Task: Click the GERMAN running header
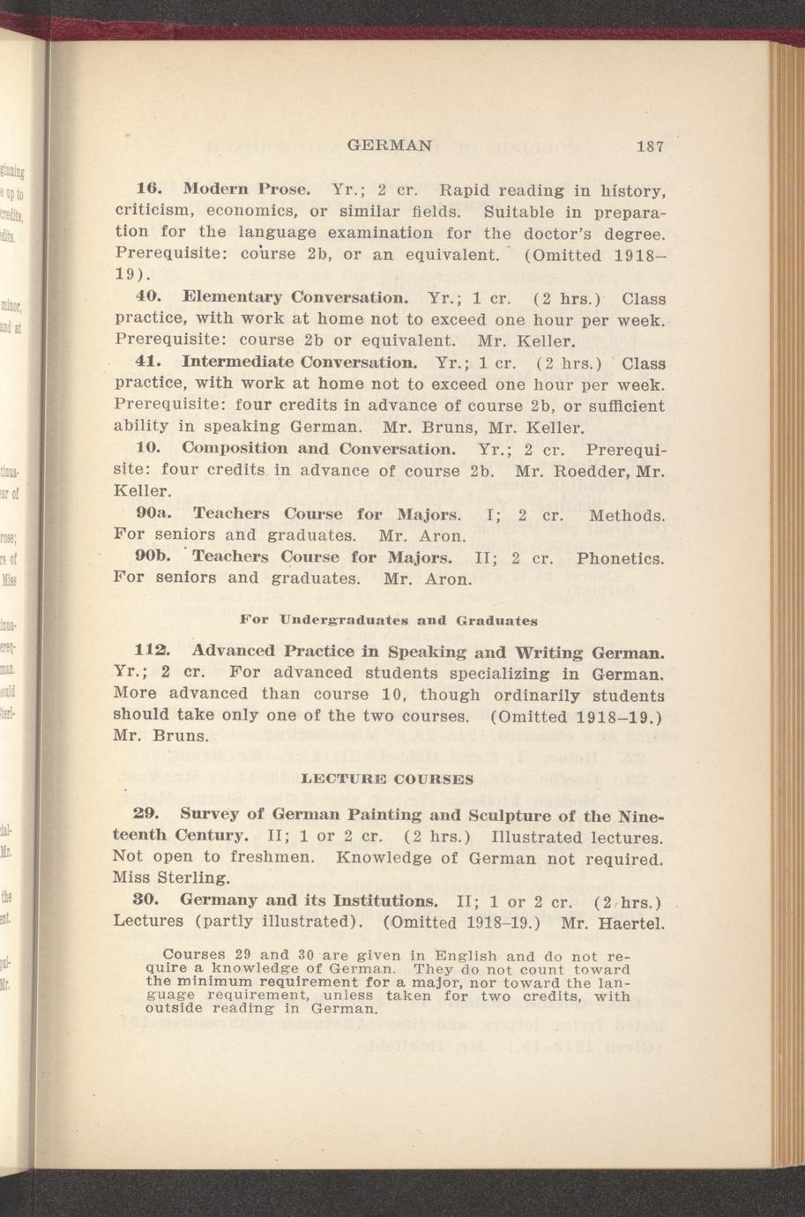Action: coord(391,146)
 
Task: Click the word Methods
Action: coord(627,513)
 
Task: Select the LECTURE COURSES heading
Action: coord(387,780)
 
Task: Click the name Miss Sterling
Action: coord(172,877)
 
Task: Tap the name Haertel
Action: coord(630,923)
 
